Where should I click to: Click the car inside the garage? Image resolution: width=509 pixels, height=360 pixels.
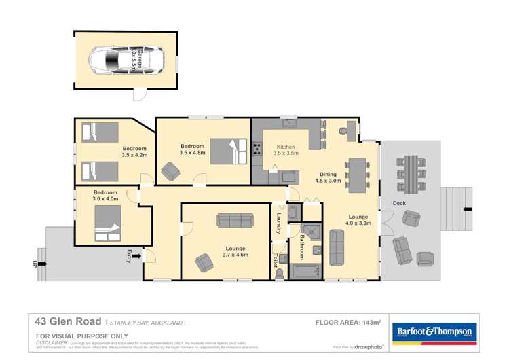[126, 60]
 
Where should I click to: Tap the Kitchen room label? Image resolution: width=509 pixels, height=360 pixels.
[285, 147]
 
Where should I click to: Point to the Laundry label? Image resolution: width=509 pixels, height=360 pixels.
[279, 224]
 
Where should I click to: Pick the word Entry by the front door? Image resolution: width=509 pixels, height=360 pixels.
[129, 256]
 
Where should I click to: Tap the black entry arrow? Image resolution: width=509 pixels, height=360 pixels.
[138, 256]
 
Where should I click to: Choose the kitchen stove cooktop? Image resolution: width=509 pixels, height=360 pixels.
[257, 149]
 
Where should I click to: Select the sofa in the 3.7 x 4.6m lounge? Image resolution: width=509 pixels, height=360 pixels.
[234, 220]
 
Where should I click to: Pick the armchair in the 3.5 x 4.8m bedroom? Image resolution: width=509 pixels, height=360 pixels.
[170, 172]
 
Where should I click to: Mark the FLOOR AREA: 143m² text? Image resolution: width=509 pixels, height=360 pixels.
[347, 323]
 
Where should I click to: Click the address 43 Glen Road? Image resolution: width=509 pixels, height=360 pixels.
[67, 323]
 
